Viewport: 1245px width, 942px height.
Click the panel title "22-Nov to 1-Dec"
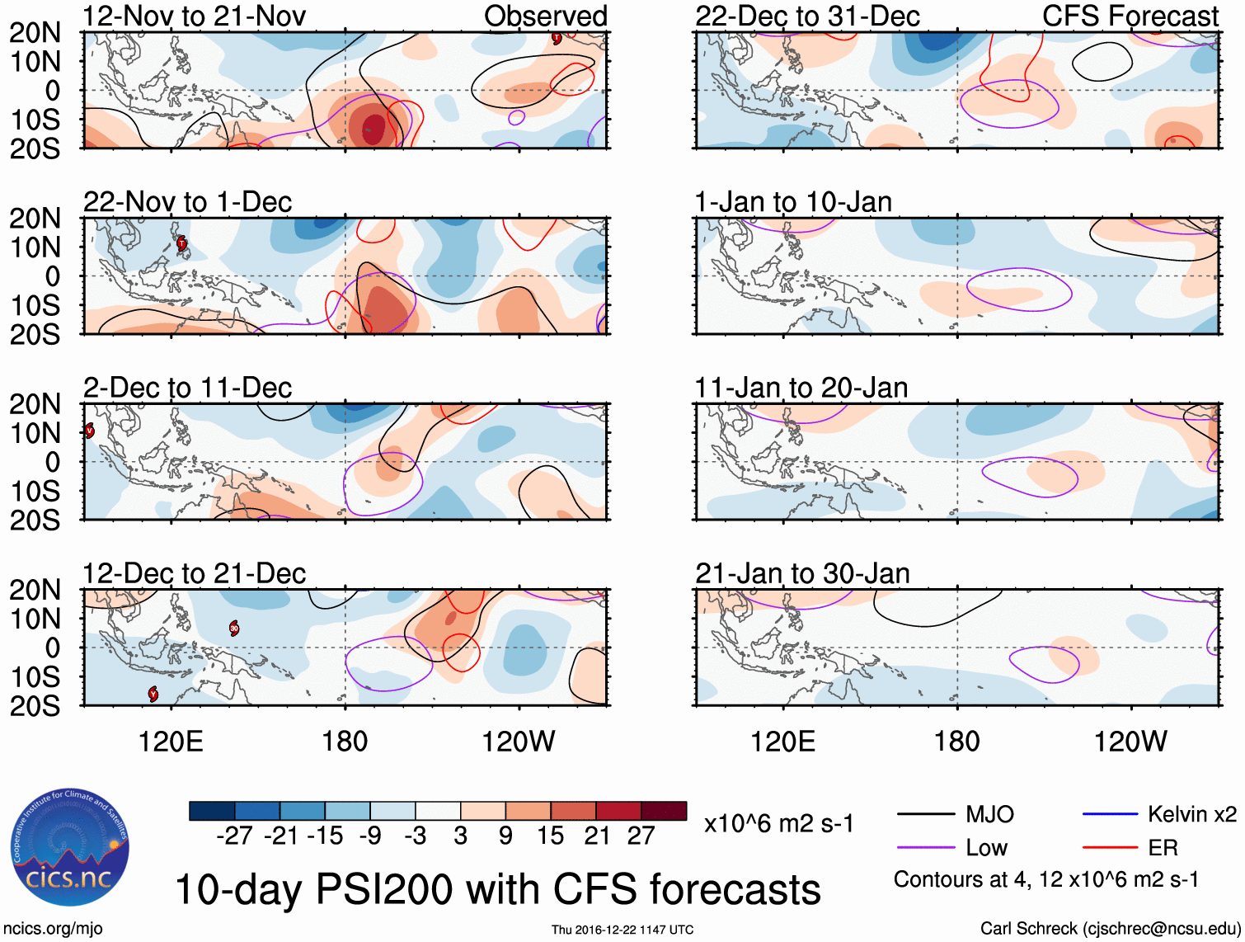[188, 202]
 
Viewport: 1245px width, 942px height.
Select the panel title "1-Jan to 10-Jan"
[793, 202]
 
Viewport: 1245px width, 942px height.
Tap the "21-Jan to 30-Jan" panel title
[802, 573]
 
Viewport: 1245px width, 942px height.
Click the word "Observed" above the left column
[545, 16]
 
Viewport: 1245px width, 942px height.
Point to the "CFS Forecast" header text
[1130, 16]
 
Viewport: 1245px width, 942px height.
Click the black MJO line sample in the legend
[926, 815]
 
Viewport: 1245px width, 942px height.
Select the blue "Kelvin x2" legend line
[1110, 815]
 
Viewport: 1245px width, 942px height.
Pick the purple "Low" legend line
[926, 848]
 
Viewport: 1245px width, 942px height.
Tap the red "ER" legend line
[1110, 848]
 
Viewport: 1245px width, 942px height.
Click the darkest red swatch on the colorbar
[664, 811]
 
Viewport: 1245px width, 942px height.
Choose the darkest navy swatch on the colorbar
[212, 811]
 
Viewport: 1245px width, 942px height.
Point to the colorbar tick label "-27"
[234, 836]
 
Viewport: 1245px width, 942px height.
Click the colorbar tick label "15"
[551, 836]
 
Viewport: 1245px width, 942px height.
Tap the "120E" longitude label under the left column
[171, 742]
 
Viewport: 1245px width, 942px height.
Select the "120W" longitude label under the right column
[1130, 742]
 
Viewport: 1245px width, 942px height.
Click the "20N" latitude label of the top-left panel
[35, 33]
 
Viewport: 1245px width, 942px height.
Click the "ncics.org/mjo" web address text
[53, 929]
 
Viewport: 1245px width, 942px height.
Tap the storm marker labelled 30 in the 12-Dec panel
[234, 629]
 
